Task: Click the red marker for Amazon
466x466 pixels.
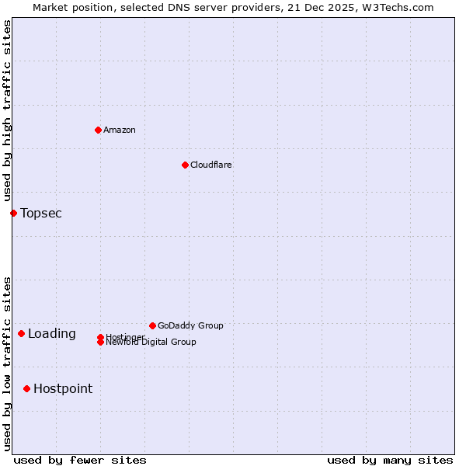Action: click(98, 130)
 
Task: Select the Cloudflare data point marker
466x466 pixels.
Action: click(185, 165)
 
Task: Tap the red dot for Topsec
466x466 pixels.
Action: click(13, 213)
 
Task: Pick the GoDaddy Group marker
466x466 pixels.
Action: click(152, 325)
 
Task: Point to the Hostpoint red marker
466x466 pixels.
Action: click(26, 388)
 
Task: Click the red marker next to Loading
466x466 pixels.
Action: click(21, 333)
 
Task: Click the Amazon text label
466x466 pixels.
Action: click(120, 130)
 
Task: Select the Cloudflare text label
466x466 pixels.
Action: click(210, 165)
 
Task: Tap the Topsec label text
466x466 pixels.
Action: click(41, 213)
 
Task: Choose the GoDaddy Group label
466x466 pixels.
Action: click(190, 325)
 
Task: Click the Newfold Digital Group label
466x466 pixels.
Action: click(151, 342)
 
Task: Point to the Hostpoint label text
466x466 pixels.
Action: click(63, 388)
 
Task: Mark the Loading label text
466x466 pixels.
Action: click(52, 334)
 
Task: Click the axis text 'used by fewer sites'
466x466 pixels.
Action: click(80, 460)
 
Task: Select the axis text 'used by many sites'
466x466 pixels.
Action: click(390, 460)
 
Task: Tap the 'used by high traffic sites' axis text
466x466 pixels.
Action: click(8, 111)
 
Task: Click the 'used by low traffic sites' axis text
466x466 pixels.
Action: click(8, 363)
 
